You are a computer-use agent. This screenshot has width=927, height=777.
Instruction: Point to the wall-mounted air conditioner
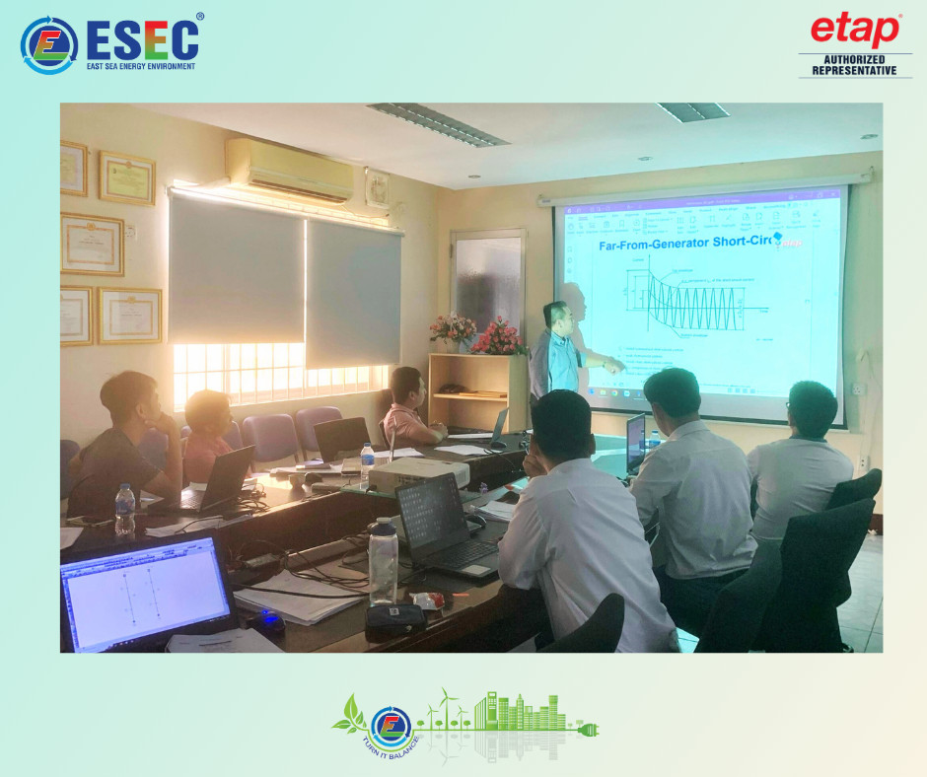pos(289,169)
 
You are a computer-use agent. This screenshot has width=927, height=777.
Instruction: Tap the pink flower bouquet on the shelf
pos(498,338)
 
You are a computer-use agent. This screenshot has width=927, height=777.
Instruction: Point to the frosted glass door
pos(487,282)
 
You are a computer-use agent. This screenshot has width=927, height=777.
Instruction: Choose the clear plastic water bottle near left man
pos(125,509)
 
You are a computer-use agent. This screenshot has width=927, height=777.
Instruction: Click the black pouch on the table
pos(394,618)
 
